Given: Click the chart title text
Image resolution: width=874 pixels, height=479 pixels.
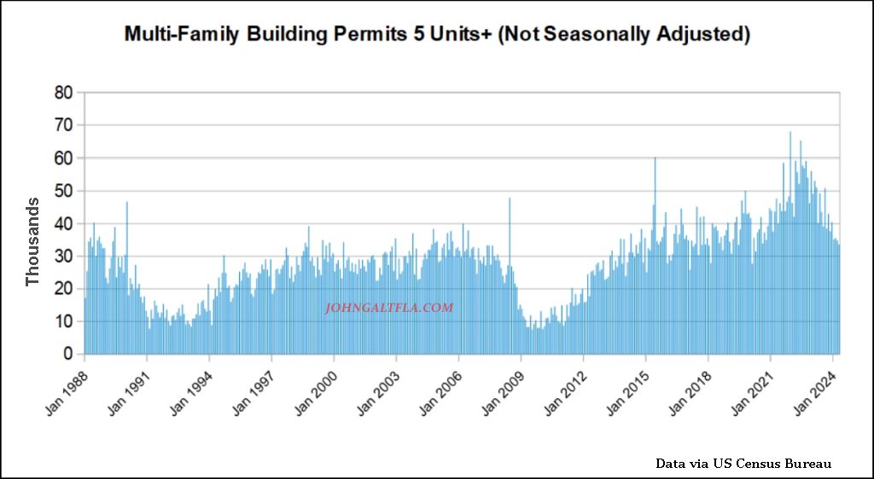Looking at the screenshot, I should coord(437,34).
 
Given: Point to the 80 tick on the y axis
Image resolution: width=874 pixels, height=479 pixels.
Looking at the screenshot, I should coord(62,92).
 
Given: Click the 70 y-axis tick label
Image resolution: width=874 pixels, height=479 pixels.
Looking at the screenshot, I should coord(62,125).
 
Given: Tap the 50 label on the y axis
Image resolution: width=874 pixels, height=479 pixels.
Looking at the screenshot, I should coord(62,191).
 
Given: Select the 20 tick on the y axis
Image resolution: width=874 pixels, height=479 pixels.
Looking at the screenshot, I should coord(62,289).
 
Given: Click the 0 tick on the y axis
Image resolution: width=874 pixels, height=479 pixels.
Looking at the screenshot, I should coord(67,355).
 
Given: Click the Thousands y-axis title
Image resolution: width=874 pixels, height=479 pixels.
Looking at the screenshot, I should coord(32,242).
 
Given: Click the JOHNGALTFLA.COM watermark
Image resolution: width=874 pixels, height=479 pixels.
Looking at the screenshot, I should coord(389,309).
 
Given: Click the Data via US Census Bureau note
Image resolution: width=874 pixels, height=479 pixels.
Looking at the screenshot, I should coord(743,464).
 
